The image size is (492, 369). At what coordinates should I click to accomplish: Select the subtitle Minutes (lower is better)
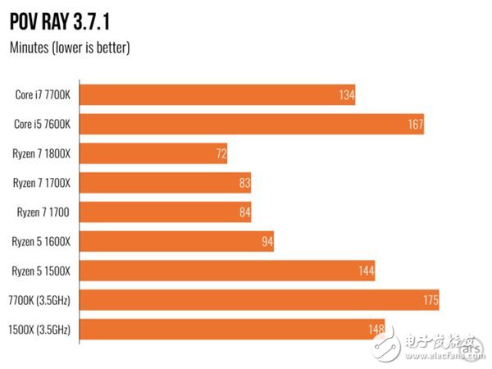pyautogui.click(x=70, y=47)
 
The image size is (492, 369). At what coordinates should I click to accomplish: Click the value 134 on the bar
pyautogui.click(x=346, y=96)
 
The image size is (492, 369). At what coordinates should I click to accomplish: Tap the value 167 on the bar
pyautogui.click(x=414, y=125)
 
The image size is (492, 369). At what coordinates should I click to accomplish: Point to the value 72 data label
pyautogui.click(x=220, y=154)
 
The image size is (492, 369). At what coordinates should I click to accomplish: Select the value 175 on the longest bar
pyautogui.click(x=430, y=300)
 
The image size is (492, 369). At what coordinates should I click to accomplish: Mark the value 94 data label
pyautogui.click(x=266, y=242)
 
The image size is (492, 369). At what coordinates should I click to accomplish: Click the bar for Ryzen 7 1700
pyautogui.click(x=164, y=212)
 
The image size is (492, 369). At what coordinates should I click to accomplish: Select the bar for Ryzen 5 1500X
pyautogui.click(x=221, y=271)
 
